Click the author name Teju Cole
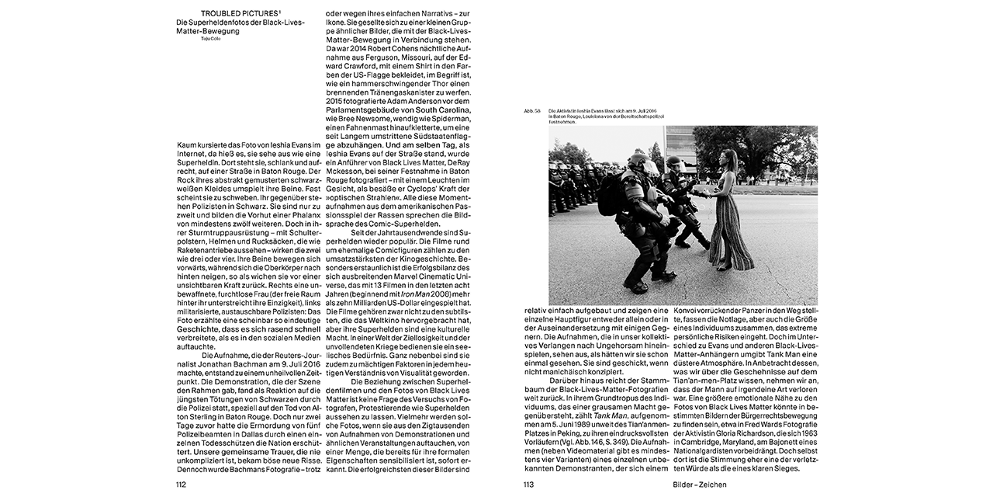pos(211,37)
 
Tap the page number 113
pos(529,485)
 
